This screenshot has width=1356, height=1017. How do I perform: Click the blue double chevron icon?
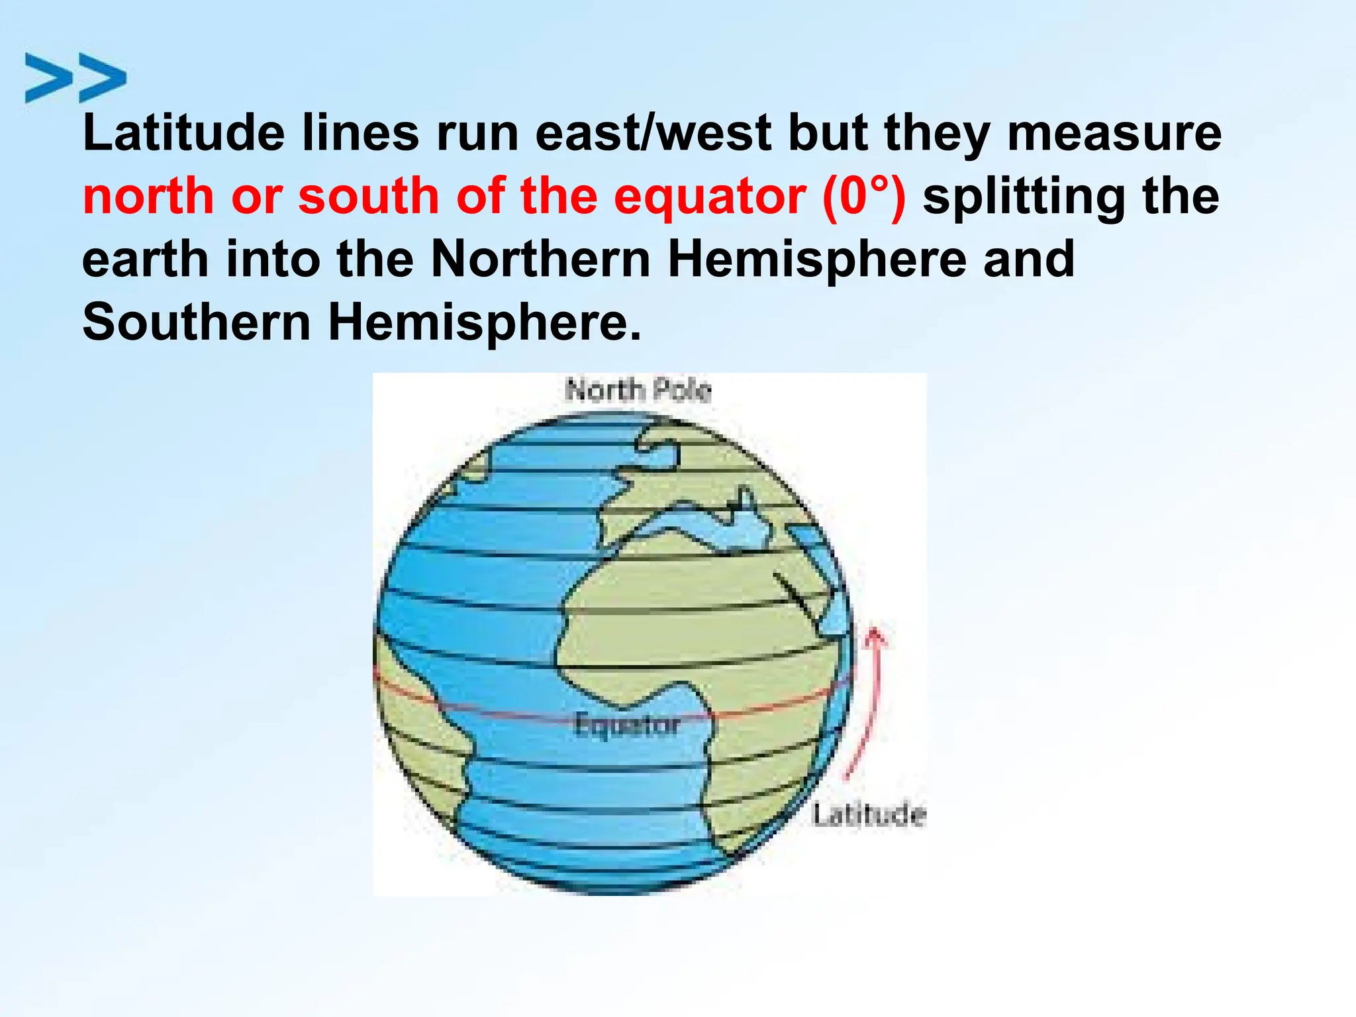[75, 78]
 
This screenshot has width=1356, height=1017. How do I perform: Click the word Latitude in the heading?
[183, 133]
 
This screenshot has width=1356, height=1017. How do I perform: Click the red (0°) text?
[863, 197]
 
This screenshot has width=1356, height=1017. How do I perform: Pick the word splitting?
[1023, 197]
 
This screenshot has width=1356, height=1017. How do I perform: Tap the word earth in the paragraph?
[145, 259]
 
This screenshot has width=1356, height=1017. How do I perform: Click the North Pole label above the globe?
[638, 390]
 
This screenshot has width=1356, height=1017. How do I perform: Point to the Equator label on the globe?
[627, 725]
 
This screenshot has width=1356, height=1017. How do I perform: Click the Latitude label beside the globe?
[869, 814]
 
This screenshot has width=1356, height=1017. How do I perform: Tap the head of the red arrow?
[875, 636]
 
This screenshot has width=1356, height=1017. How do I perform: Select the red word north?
[149, 197]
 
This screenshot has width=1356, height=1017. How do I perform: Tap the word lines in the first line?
[361, 133]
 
